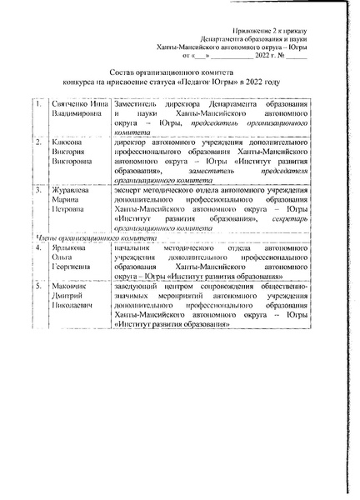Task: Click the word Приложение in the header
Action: [x=262, y=29]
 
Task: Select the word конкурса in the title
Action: [x=91, y=83]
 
